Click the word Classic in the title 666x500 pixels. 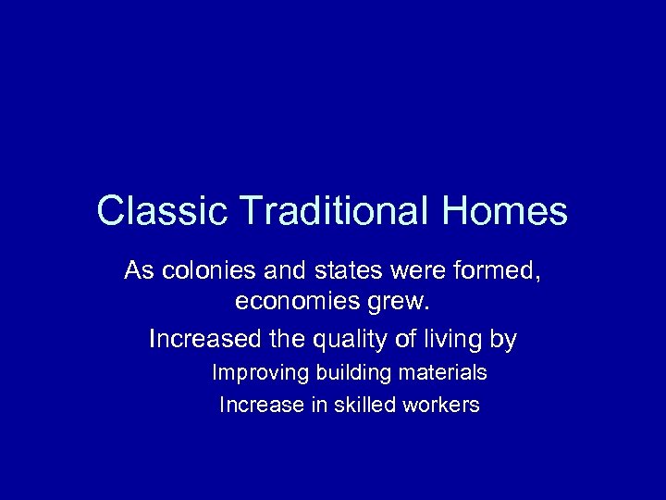148,211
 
